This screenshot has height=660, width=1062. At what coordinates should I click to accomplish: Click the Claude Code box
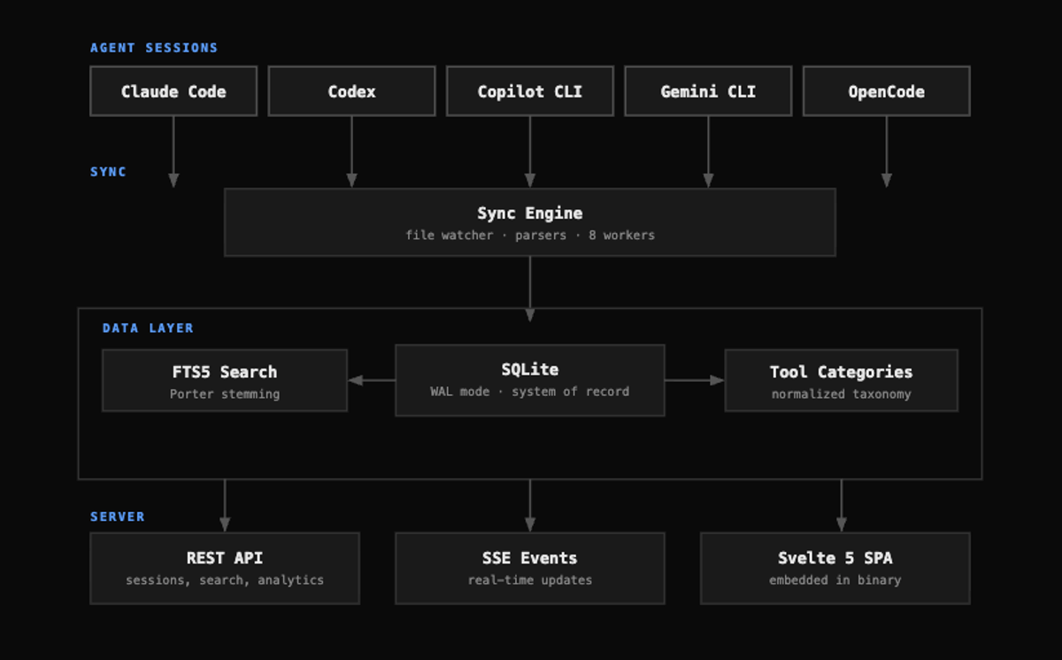coord(173,91)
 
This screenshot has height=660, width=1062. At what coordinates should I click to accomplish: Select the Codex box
coord(352,91)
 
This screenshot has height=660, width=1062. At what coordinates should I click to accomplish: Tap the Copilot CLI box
coord(530,91)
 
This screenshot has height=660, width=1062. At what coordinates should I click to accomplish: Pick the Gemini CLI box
coord(708,91)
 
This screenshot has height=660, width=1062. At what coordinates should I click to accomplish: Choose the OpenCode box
coord(887,91)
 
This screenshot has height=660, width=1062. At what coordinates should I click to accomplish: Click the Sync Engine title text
coord(530,214)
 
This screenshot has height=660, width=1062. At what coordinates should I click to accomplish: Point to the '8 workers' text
coord(621,236)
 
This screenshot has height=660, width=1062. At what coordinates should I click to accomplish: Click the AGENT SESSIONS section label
coord(154,48)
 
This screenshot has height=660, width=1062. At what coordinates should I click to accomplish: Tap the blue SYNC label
coord(108,172)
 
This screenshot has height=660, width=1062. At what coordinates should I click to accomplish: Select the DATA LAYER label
coord(148,328)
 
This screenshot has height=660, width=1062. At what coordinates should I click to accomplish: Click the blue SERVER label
coord(117,516)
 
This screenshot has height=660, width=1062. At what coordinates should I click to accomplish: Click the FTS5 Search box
coord(225,381)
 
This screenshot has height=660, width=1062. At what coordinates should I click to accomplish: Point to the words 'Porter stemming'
coord(225,394)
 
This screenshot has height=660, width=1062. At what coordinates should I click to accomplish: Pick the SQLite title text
coord(530,369)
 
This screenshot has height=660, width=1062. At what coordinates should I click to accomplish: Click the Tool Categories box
coord(842,381)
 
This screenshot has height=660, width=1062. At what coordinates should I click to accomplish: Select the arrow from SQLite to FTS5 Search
coord(373,380)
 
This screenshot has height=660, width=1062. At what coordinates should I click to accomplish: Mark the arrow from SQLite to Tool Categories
coord(695,380)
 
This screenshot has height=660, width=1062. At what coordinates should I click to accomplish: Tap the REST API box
coord(225,569)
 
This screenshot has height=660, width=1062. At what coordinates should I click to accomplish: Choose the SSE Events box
coord(530,569)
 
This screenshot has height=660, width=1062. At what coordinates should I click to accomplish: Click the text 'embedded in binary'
coord(835,580)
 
